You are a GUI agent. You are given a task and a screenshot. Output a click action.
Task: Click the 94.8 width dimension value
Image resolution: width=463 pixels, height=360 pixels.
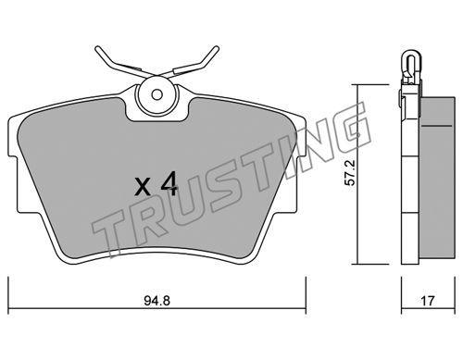156,301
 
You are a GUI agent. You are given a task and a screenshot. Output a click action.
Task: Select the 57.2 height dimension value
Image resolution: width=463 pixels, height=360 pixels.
350,173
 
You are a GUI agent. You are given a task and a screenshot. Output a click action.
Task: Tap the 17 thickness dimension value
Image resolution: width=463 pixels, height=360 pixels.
428,301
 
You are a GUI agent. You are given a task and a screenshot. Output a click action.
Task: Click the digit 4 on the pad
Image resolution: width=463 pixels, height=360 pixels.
169,184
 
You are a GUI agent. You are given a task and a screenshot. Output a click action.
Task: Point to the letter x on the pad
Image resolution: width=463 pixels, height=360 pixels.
143,187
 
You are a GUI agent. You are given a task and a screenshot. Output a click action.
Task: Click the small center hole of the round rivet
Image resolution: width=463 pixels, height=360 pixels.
157,94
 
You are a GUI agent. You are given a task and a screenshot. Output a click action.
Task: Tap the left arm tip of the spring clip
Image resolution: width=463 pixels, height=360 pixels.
98,48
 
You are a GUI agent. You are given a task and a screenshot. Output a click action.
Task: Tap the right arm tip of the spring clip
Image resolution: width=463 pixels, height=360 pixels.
217,48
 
